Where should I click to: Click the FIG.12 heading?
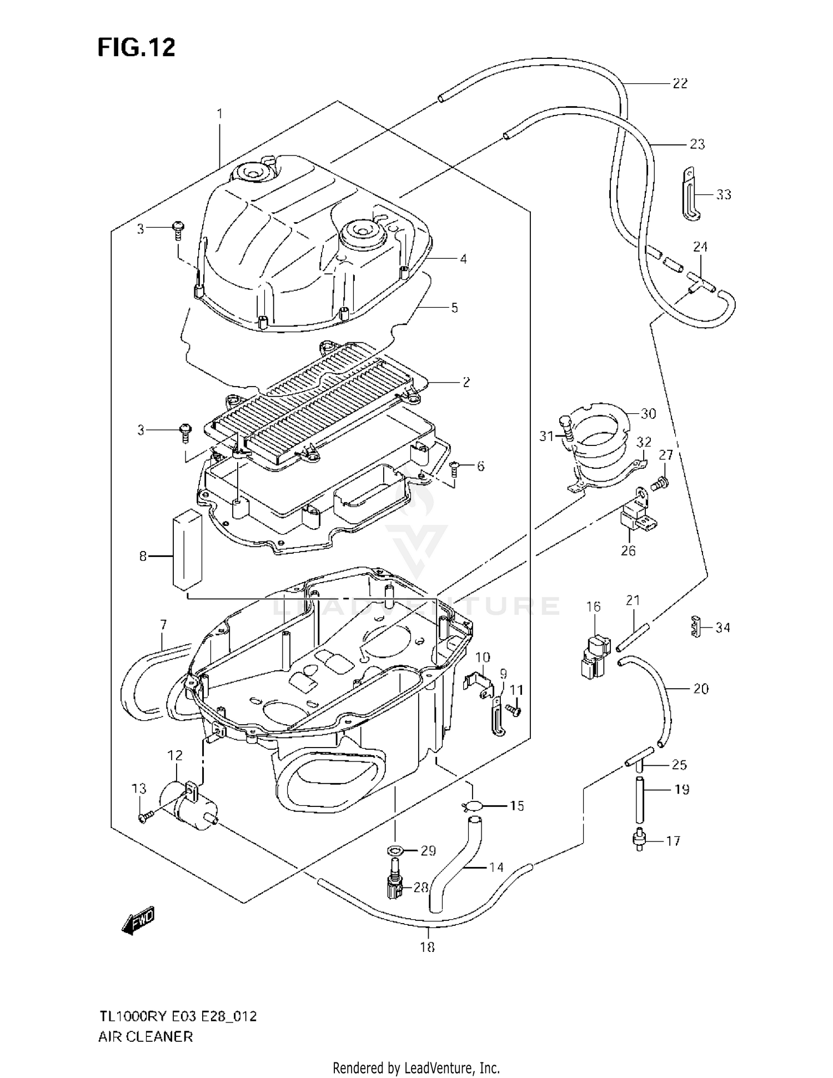coord(136,48)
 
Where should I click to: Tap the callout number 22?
coord(680,83)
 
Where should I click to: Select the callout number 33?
coord(723,194)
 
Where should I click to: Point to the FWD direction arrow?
coord(138,920)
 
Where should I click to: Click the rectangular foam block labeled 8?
coord(187,549)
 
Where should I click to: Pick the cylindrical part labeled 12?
coord(186,805)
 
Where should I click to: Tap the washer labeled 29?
coord(395,850)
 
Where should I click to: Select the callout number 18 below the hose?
coord(426,947)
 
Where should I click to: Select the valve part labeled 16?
coord(594,657)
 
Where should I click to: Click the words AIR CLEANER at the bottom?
coord(145,1036)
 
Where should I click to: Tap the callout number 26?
coord(628,550)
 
